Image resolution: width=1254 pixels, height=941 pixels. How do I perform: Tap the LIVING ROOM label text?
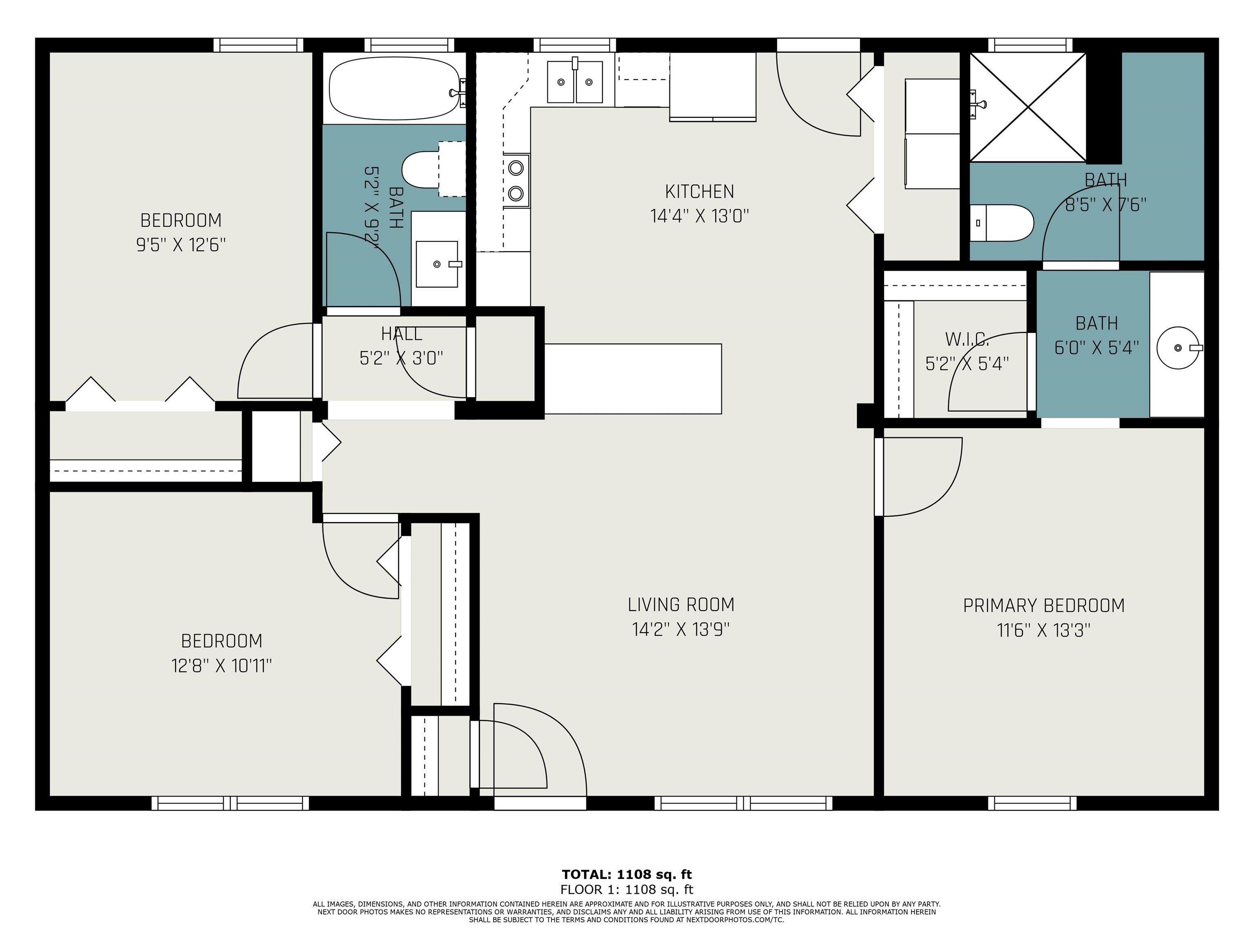tap(681, 604)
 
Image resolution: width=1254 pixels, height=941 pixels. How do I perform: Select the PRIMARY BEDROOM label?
tap(1044, 606)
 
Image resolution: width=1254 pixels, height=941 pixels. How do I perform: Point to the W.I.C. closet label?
tap(967, 339)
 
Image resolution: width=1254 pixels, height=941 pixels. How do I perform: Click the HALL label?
tap(401, 334)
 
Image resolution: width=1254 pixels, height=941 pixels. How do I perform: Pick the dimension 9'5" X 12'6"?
tap(181, 245)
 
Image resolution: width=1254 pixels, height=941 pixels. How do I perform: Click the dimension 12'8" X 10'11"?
tap(222, 665)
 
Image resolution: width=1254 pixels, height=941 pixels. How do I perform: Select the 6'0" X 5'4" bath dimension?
tap(1096, 347)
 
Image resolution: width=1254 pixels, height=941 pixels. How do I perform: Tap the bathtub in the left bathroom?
tap(395, 89)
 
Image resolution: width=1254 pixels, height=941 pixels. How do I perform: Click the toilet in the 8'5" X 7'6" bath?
tap(1002, 223)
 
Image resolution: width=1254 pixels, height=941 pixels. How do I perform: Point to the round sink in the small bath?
tap(1178, 348)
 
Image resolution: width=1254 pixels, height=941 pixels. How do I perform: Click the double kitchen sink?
tap(575, 82)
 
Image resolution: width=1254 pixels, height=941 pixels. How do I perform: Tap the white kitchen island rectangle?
tap(633, 379)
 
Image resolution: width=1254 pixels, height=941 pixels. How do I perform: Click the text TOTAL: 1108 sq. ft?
tap(627, 874)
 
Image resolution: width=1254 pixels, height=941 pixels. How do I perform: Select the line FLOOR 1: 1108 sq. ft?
tap(627, 890)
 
